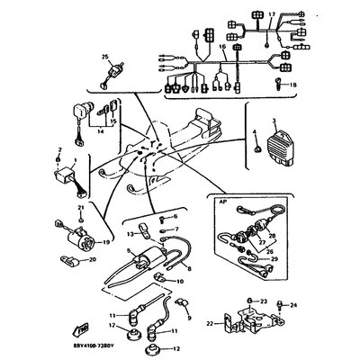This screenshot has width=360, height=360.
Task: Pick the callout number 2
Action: coord(59,151)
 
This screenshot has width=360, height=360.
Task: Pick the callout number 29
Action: coord(274,259)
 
